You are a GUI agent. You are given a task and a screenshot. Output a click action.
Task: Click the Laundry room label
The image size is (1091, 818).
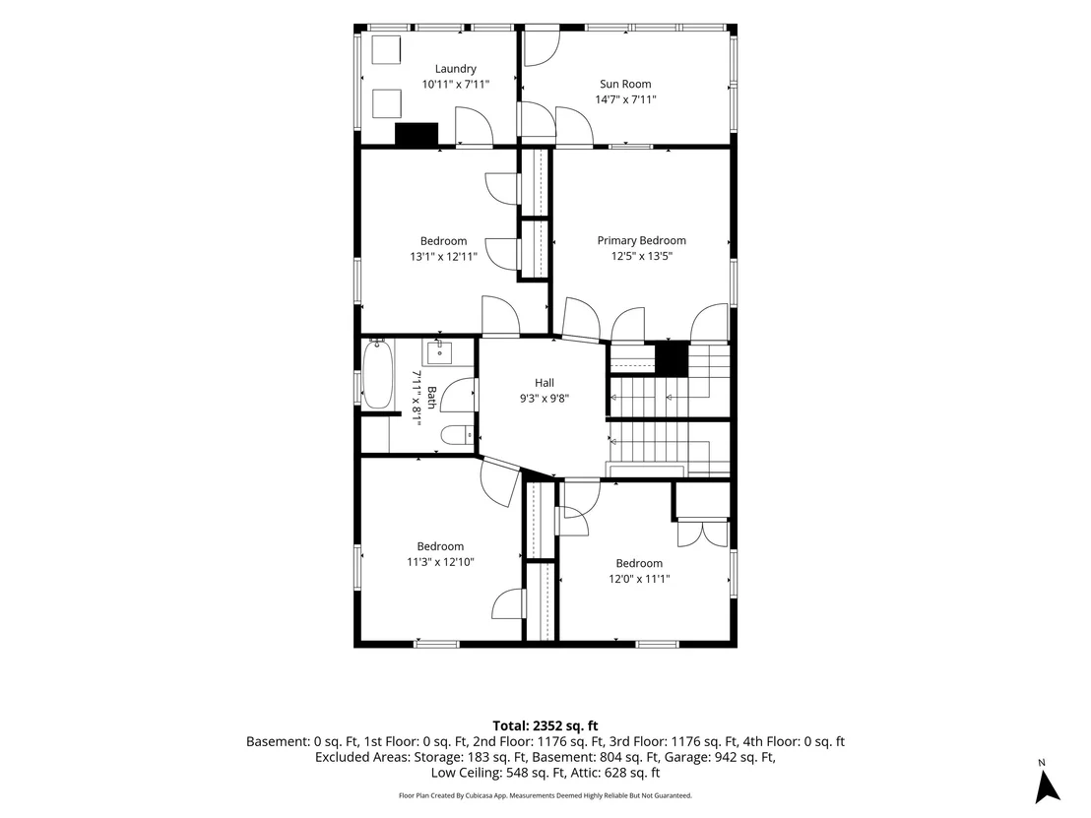[456, 69]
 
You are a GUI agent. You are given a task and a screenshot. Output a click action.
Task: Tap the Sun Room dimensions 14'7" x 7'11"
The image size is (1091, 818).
[625, 99]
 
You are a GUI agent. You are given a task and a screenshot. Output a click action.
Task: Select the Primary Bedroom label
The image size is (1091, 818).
[642, 240]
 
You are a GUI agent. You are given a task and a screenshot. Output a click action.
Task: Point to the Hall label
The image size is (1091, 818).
[545, 383]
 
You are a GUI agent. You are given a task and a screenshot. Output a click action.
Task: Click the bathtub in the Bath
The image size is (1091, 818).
[378, 373]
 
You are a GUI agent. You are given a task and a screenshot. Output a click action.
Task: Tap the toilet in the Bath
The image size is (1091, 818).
[457, 435]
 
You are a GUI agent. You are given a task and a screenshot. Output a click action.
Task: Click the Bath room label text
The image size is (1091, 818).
[431, 398]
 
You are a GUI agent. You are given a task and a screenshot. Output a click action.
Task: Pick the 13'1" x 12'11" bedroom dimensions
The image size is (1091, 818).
[443, 257]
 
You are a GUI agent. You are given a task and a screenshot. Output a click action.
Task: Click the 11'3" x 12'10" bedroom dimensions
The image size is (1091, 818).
[440, 562]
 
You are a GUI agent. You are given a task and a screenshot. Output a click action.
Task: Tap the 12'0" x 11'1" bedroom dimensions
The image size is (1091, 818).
[639, 579]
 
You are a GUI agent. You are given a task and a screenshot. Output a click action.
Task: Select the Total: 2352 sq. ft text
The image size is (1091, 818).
[545, 726]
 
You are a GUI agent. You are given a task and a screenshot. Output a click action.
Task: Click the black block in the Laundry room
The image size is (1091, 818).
[417, 134]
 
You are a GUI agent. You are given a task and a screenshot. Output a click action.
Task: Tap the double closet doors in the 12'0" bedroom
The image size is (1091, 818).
[703, 533]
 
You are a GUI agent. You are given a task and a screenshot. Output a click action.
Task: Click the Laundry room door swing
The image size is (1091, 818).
[475, 126]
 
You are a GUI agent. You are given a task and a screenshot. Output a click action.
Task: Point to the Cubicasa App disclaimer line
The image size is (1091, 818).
[545, 795]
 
